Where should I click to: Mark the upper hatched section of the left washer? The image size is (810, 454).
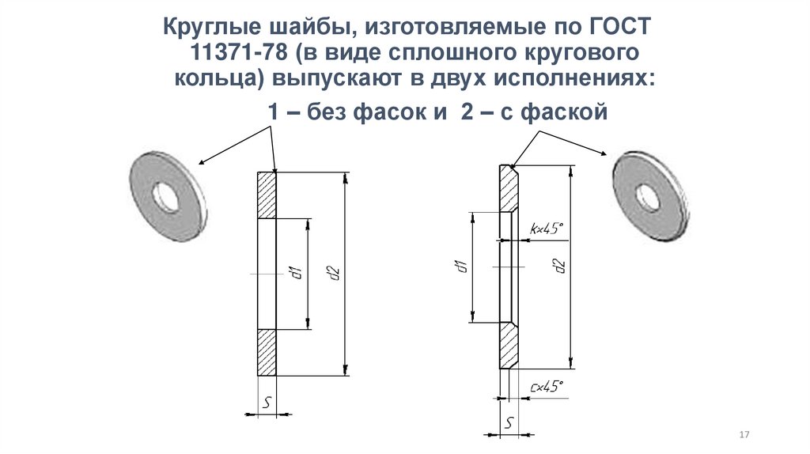(x=267, y=195)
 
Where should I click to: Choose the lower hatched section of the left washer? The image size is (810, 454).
(x=267, y=351)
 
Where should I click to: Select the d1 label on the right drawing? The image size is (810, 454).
(x=460, y=266)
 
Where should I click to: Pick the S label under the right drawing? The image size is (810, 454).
(x=510, y=422)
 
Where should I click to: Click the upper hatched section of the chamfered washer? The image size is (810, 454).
(x=508, y=190)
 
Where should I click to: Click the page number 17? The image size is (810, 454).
(x=743, y=436)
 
